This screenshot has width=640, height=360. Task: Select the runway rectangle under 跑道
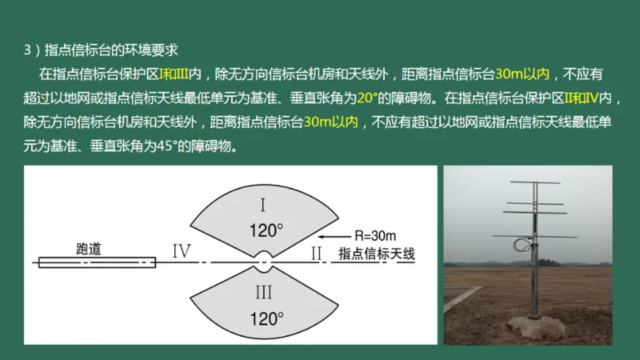coord(96,261)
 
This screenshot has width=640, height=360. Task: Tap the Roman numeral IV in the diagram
coord(182,252)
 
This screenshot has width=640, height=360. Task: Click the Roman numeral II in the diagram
coord(316,253)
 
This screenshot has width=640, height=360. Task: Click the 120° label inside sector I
coord(266,231)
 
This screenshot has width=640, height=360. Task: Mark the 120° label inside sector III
coord(266,318)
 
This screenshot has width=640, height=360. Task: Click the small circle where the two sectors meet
coord(265,262)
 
